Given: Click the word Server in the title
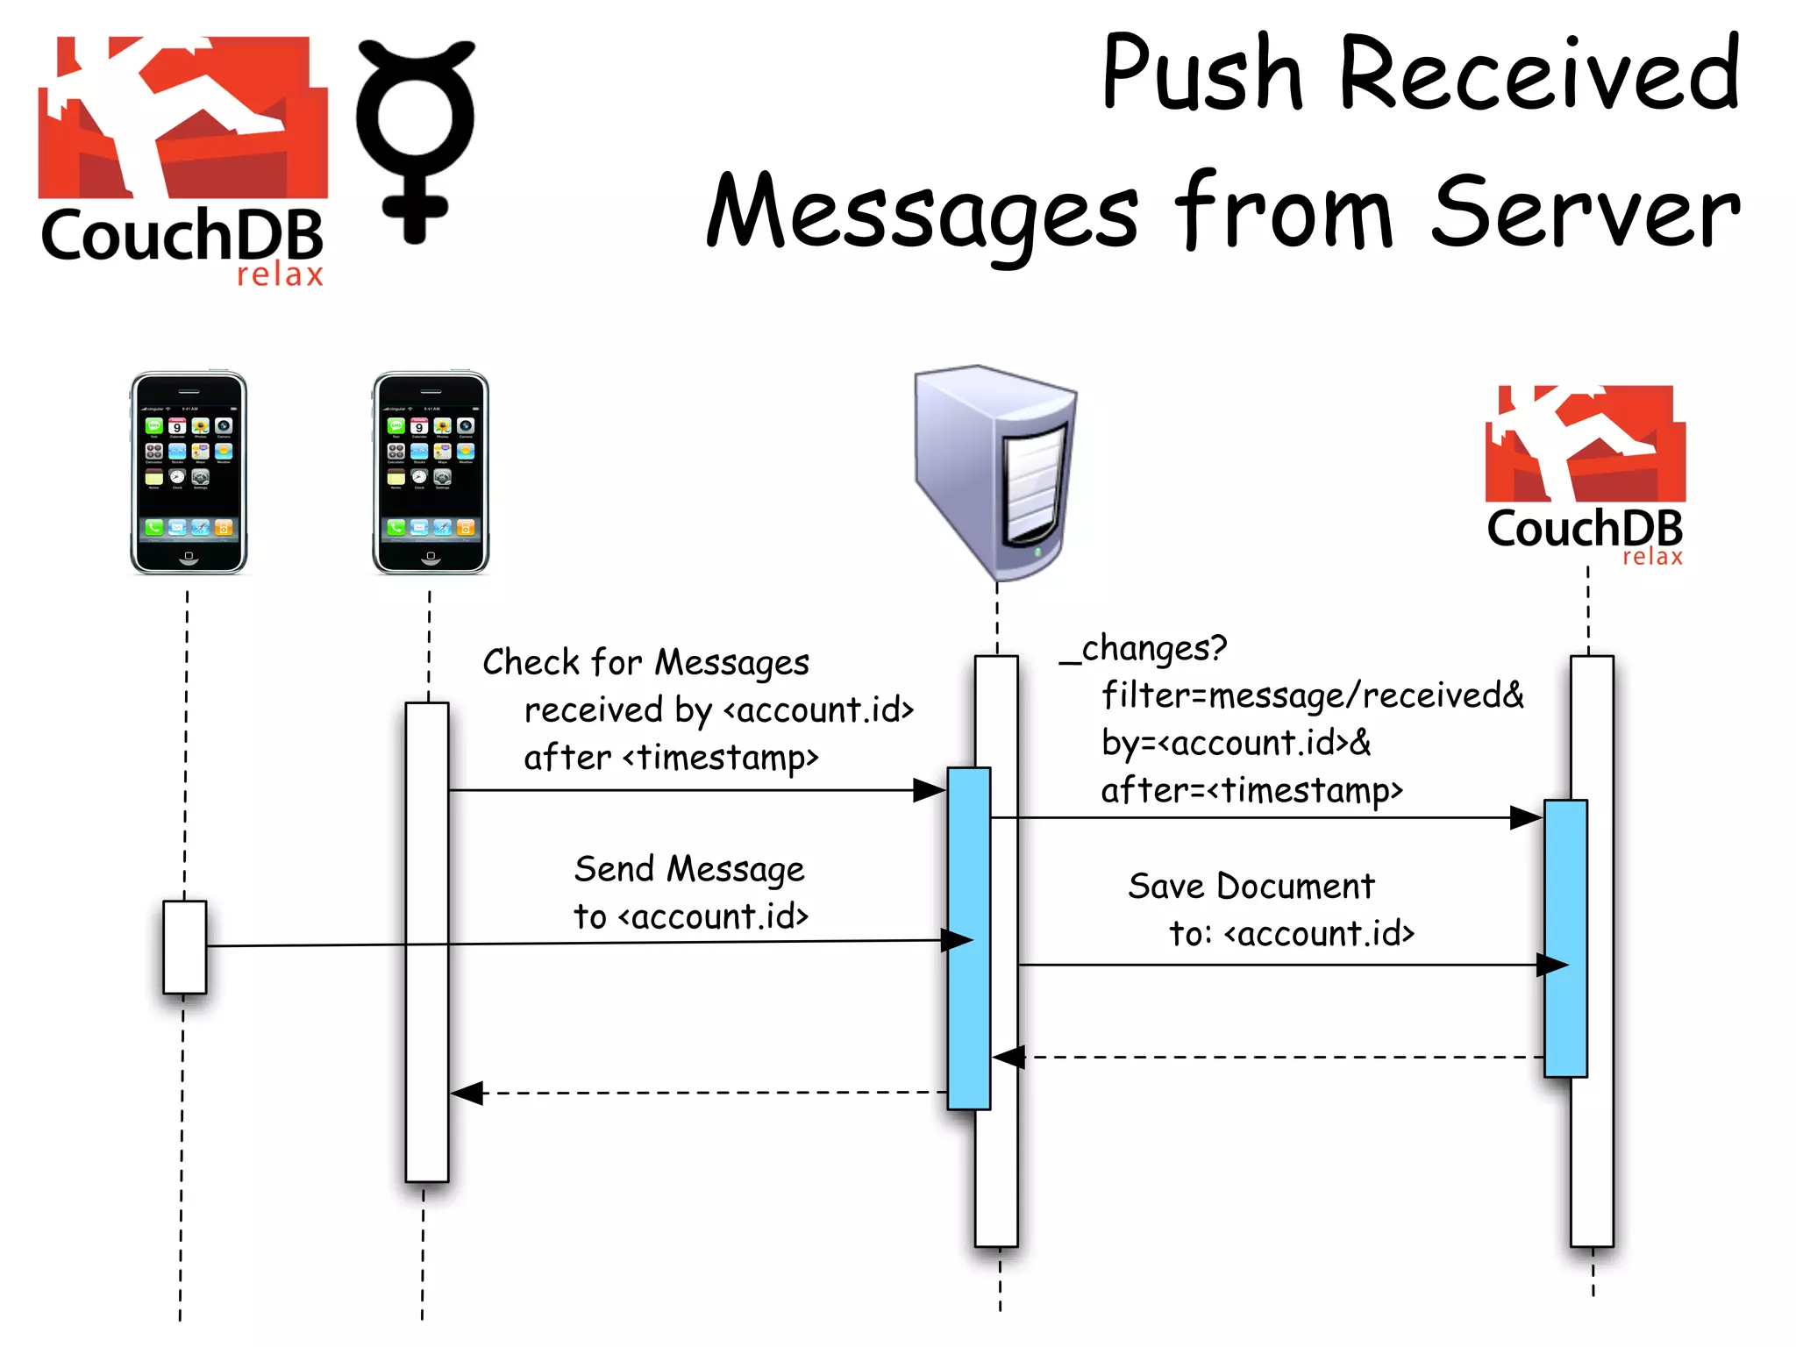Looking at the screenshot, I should click(x=1585, y=213).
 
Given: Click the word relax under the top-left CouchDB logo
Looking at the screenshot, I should click(x=280, y=274).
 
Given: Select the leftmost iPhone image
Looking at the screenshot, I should click(x=189, y=474).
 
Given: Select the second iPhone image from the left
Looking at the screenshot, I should click(x=431, y=474).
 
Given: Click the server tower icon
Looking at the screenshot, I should click(x=995, y=469).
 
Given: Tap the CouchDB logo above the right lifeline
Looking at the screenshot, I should click(x=1586, y=474).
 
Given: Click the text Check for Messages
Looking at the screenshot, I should click(x=645, y=663).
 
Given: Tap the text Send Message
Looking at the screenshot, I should click(x=689, y=870).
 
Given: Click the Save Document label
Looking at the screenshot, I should click(x=1251, y=887).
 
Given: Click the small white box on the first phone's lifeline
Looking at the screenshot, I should click(x=184, y=947).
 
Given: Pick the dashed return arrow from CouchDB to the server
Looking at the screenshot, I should click(x=1272, y=1058).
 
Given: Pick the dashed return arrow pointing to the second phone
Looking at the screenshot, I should click(x=702, y=1094).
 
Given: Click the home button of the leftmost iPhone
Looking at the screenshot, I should click(x=189, y=556).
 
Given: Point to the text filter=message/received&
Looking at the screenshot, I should click(x=1313, y=696).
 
